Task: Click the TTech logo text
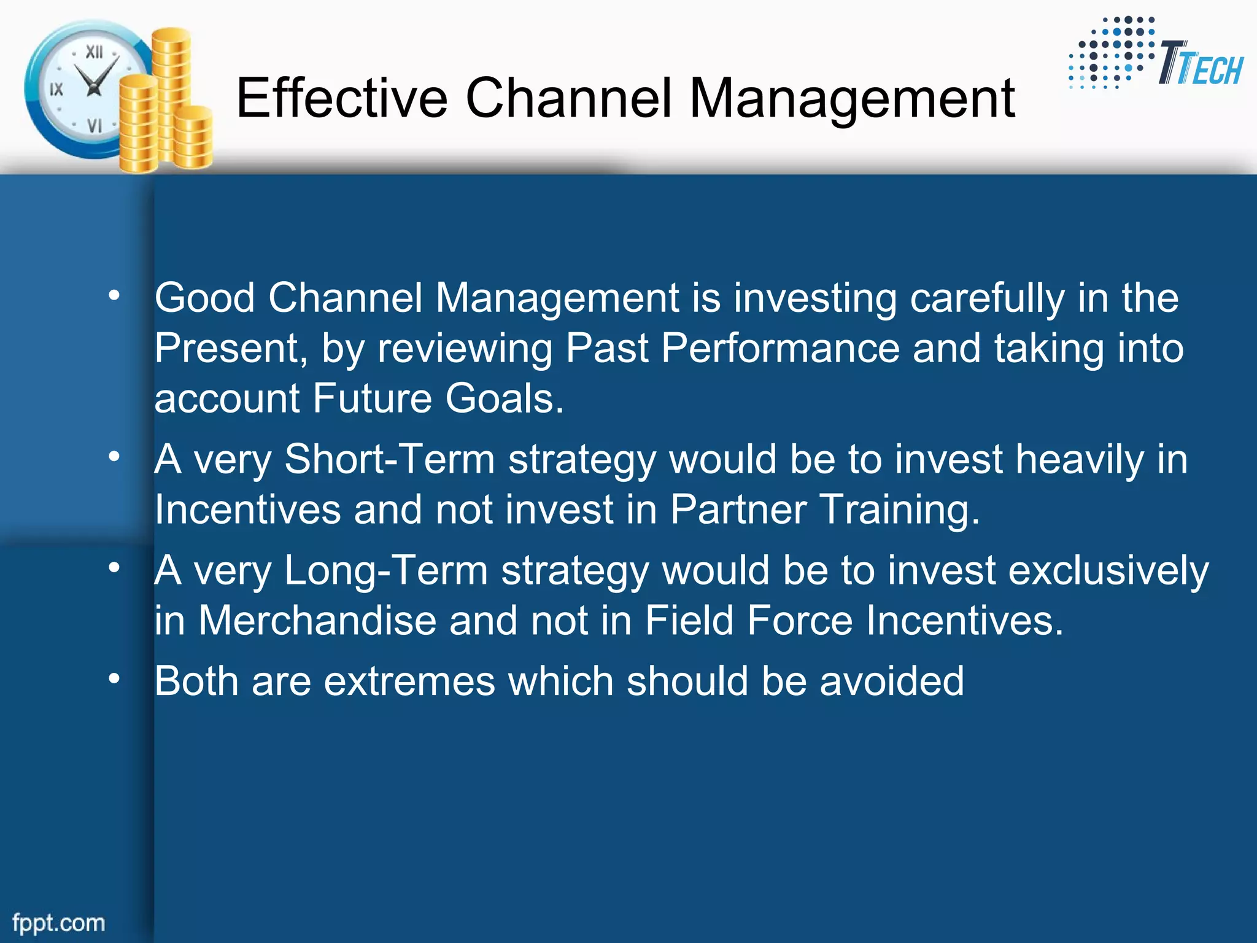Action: coord(1200,65)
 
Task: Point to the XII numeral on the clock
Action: coord(94,52)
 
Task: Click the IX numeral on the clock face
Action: coord(56,90)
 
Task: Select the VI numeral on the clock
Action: coord(94,126)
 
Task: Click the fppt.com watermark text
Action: coord(59,923)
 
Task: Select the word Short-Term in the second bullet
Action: coord(389,460)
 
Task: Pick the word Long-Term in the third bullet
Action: coord(385,571)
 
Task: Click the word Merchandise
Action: coord(317,621)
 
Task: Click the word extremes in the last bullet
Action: coord(409,681)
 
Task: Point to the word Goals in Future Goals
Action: coord(504,399)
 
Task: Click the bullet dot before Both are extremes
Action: coord(114,678)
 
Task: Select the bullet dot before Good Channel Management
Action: coord(114,296)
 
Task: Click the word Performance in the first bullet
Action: coord(779,349)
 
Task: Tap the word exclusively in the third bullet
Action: coord(1108,571)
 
